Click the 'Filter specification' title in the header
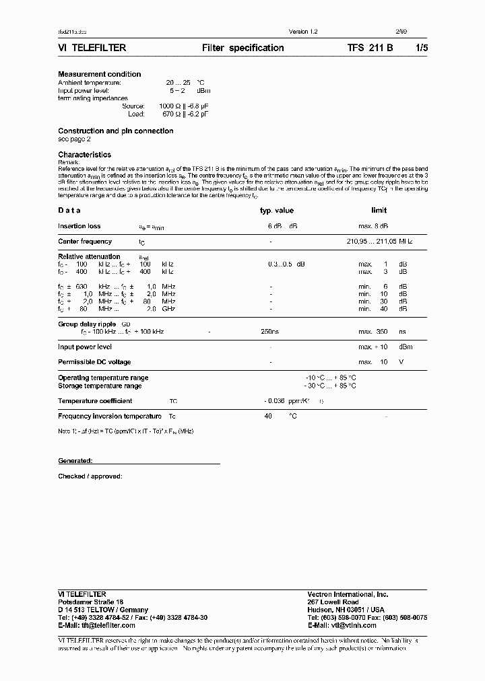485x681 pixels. (x=243, y=48)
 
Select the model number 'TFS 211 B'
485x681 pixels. (x=370, y=48)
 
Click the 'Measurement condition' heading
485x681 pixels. (x=100, y=74)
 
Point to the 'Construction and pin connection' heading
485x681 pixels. (x=115, y=131)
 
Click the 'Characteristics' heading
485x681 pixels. (x=84, y=155)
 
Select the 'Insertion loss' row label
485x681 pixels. (x=79, y=227)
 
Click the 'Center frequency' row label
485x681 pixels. (x=85, y=241)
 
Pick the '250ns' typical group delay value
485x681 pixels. (x=270, y=332)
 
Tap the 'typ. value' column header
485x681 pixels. (x=277, y=211)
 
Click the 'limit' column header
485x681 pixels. (x=379, y=211)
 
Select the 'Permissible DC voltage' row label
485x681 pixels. (x=94, y=361)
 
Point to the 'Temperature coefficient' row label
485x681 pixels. (x=95, y=401)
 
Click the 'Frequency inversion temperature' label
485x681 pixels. (x=110, y=417)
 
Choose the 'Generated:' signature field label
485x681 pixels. (x=75, y=461)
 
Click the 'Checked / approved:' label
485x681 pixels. (x=90, y=476)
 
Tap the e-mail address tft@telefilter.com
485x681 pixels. (x=105, y=625)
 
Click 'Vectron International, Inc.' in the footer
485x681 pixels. (x=348, y=594)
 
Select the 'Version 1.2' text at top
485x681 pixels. (x=302, y=32)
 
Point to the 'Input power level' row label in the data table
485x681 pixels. (x=85, y=347)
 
